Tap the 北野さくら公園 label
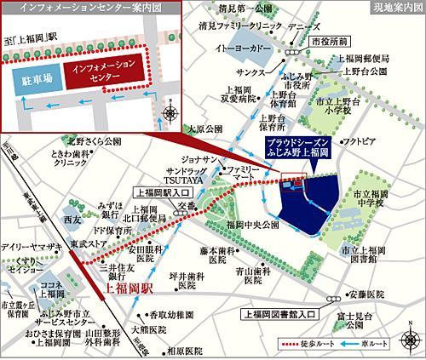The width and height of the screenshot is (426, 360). pyautogui.click(x=92, y=142)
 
